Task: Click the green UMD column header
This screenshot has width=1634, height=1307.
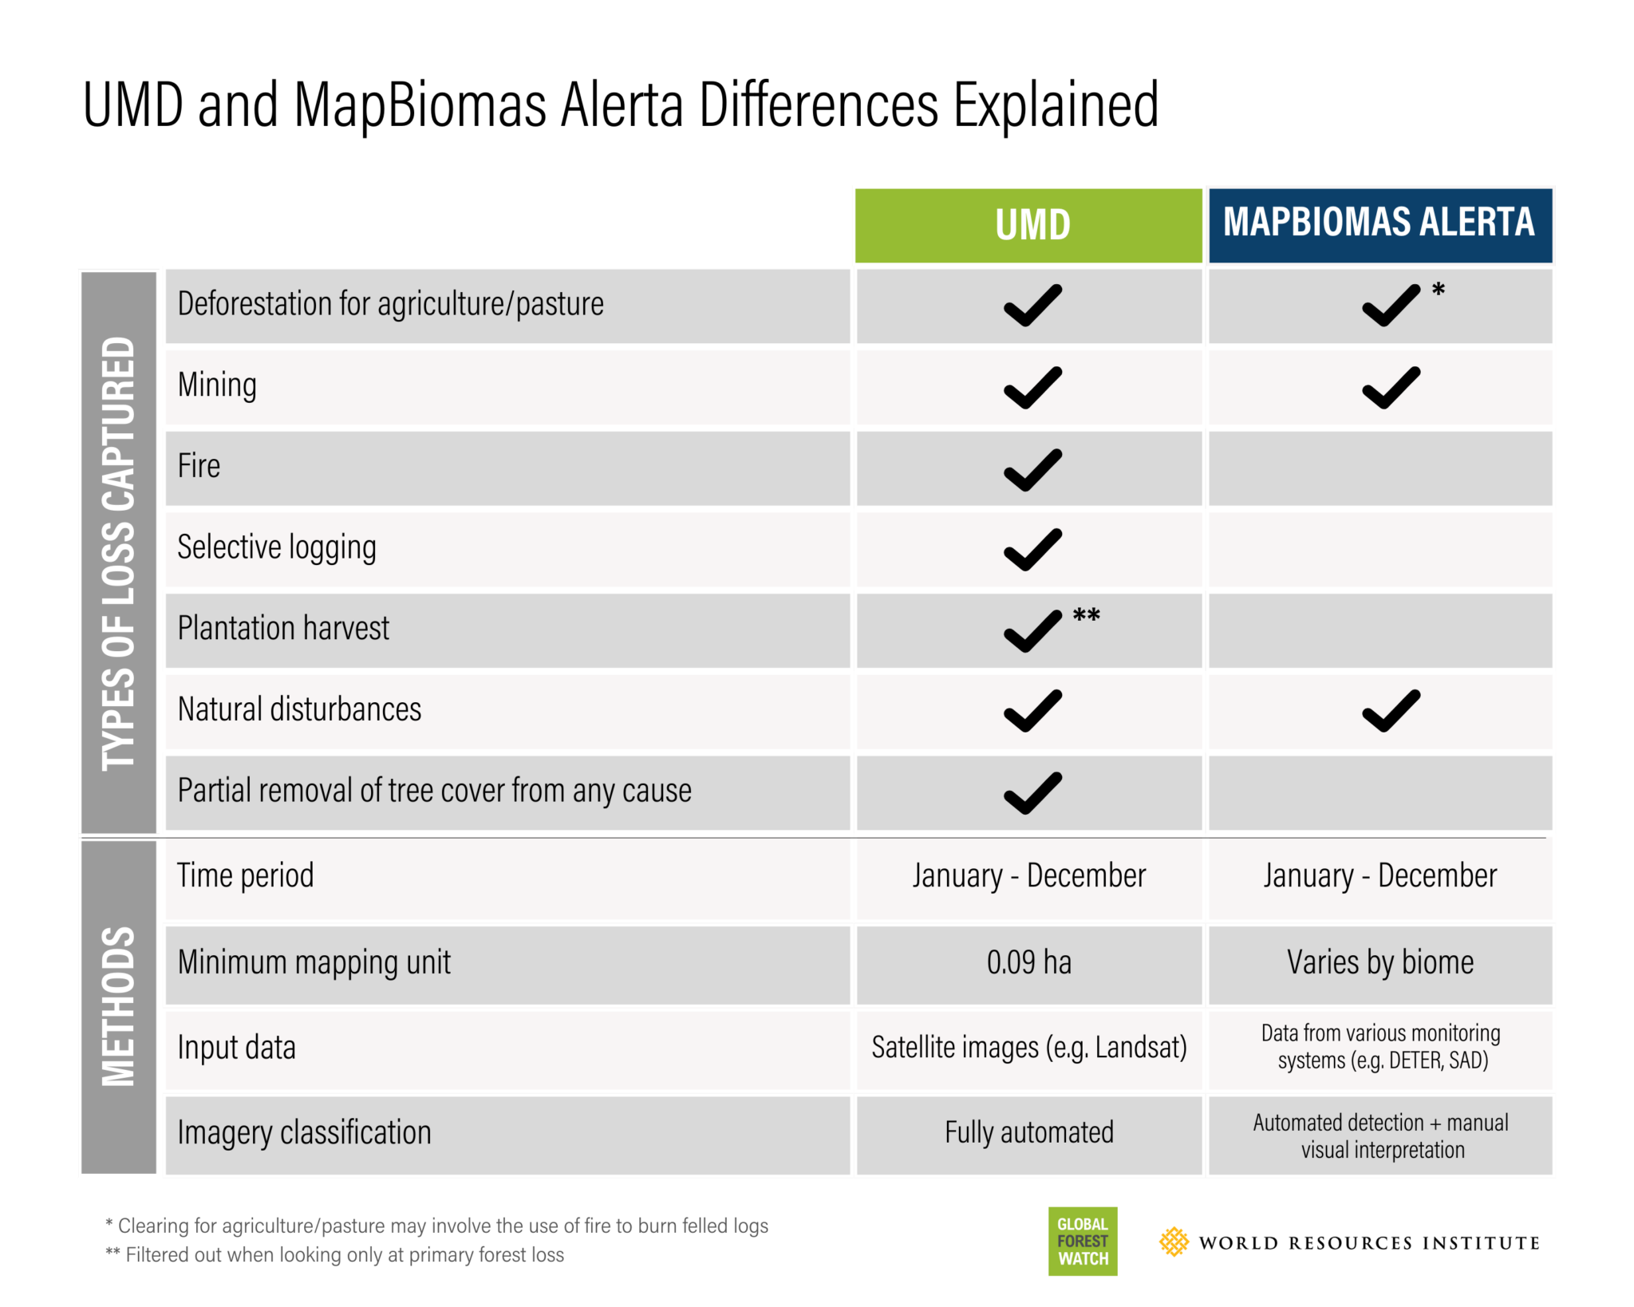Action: pos(1028,226)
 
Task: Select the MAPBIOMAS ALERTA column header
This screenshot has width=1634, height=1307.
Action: pos(1380,226)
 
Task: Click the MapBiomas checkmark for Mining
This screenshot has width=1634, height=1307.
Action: pos(1391,388)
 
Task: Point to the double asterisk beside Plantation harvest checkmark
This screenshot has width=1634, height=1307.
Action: pos(1086,615)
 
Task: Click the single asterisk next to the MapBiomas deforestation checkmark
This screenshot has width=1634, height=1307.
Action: pos(1438,290)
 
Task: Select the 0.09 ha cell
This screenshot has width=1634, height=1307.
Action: pos(1028,963)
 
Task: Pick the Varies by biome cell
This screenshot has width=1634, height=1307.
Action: pos(1380,963)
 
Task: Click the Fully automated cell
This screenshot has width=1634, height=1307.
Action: pos(1028,1134)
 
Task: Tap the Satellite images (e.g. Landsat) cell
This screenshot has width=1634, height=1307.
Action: pos(1028,1048)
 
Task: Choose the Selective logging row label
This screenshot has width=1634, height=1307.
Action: pos(277,548)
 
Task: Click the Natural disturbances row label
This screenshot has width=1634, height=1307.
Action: pos(299,709)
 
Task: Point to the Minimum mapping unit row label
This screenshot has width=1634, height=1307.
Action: pos(314,963)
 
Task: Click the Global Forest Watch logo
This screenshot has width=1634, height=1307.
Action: pos(1083,1241)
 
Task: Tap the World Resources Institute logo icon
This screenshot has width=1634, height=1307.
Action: pos(1174,1242)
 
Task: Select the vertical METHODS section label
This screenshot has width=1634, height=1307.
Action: pos(118,1007)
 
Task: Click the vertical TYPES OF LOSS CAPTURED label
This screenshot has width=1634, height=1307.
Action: pos(118,554)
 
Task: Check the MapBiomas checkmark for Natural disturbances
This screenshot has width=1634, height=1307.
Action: pos(1391,710)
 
